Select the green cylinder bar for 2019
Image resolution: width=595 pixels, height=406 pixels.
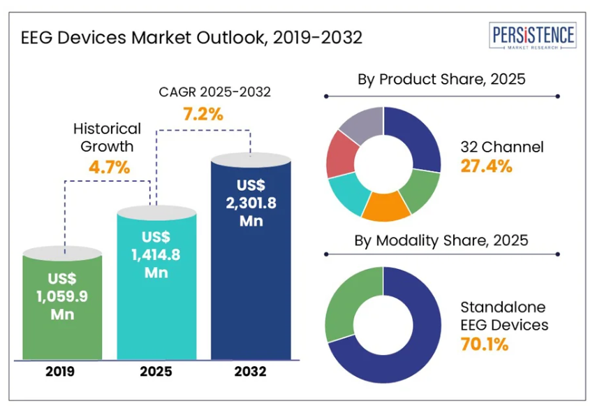tap(62, 307)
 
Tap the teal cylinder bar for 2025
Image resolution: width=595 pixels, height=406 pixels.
tap(156, 287)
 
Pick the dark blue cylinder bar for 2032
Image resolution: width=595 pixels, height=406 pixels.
tap(251, 259)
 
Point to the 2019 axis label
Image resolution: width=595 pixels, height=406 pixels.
tap(62, 372)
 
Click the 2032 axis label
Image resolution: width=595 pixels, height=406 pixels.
tap(251, 372)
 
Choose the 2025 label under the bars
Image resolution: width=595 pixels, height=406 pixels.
tap(156, 372)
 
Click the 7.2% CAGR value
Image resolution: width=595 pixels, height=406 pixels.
tap(203, 114)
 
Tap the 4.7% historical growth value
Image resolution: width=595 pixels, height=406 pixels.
tap(110, 168)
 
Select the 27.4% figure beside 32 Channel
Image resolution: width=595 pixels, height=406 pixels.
tap(487, 166)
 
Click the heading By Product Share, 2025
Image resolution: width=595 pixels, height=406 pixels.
tap(441, 80)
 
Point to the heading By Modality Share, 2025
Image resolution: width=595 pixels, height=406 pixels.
tap(441, 241)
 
